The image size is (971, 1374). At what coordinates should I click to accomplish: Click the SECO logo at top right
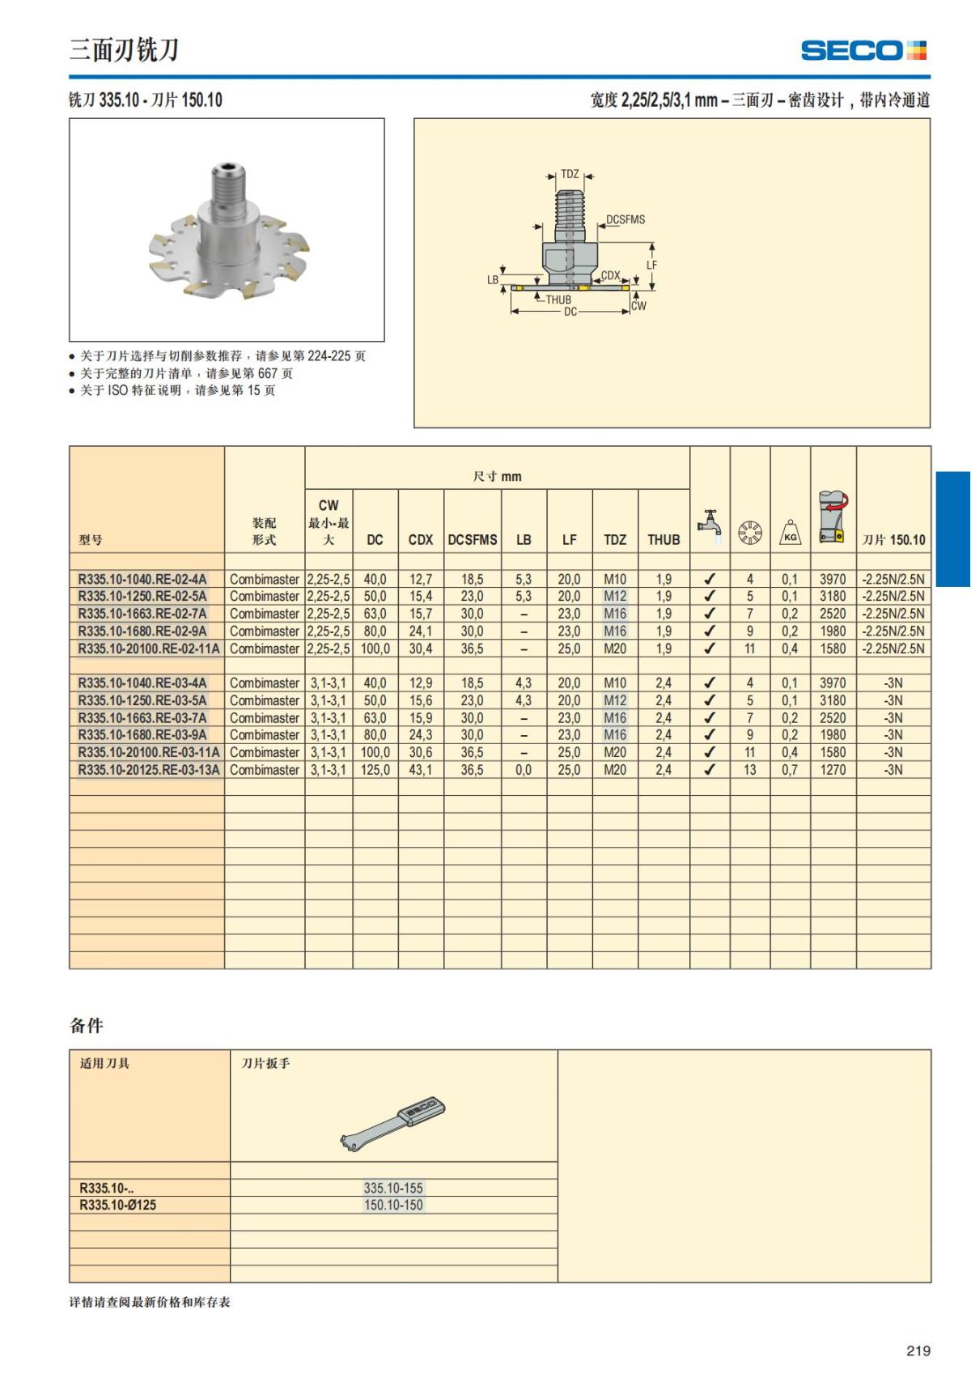(x=863, y=50)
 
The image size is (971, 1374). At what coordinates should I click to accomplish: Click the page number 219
(x=918, y=1351)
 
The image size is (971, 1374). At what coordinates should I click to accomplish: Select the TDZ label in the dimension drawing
(x=570, y=174)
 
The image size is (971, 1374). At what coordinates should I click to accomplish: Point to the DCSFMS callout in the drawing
(x=625, y=219)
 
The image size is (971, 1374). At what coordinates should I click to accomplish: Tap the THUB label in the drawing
(x=558, y=300)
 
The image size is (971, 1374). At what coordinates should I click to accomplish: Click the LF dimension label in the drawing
(x=651, y=265)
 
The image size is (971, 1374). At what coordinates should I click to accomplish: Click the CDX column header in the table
(x=420, y=539)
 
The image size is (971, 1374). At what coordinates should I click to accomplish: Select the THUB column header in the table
(x=664, y=539)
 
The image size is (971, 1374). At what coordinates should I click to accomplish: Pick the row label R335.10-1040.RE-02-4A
(x=142, y=579)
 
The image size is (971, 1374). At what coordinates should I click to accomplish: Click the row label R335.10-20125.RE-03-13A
(x=148, y=770)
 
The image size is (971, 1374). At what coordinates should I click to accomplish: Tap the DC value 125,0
(x=375, y=770)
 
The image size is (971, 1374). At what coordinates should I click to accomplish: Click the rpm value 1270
(x=832, y=770)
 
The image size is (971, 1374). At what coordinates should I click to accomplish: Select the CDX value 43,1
(x=420, y=770)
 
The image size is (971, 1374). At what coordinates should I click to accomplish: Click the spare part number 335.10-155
(x=393, y=1188)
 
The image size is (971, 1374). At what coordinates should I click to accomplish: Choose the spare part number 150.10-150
(x=393, y=1205)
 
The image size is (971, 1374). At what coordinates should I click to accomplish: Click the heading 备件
(x=87, y=1026)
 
